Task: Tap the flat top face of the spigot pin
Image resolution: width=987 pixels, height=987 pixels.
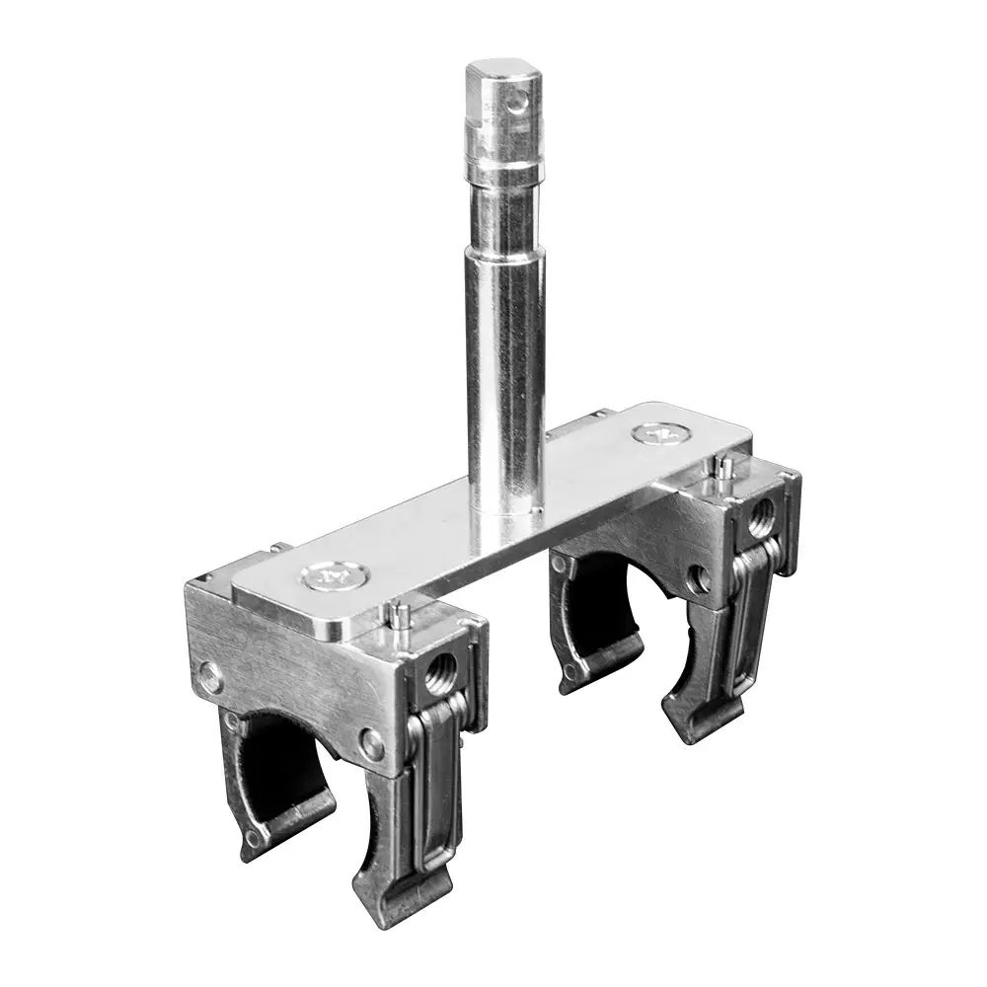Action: click(500, 71)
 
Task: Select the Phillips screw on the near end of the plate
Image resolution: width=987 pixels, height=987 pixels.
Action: click(328, 577)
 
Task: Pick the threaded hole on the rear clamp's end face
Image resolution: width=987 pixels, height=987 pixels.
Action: click(761, 516)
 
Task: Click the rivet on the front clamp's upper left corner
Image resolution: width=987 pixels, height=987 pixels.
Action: click(210, 677)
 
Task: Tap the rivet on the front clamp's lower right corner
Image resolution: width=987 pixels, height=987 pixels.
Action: click(372, 744)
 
